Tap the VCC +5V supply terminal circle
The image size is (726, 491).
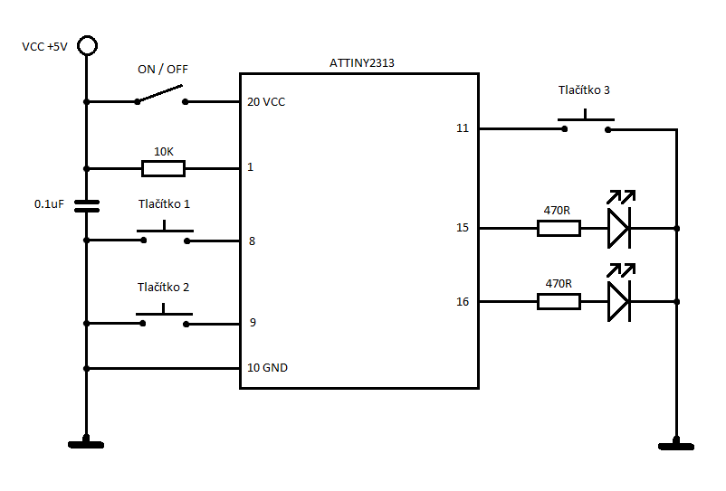click(87, 46)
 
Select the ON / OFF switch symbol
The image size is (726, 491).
click(162, 97)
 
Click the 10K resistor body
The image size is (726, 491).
click(163, 168)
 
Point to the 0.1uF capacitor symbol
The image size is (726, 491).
click(87, 205)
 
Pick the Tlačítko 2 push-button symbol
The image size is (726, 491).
click(165, 317)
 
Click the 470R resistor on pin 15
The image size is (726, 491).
click(559, 229)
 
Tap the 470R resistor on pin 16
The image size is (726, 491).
click(559, 302)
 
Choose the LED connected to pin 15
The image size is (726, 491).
click(618, 228)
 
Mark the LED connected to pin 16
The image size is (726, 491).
click(618, 301)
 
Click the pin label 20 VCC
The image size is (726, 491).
click(265, 102)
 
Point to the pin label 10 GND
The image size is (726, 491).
click(267, 368)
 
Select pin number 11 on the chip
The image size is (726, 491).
click(463, 128)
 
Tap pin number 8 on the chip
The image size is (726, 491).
click(251, 241)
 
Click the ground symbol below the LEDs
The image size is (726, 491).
click(675, 442)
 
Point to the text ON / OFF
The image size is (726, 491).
click(163, 70)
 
